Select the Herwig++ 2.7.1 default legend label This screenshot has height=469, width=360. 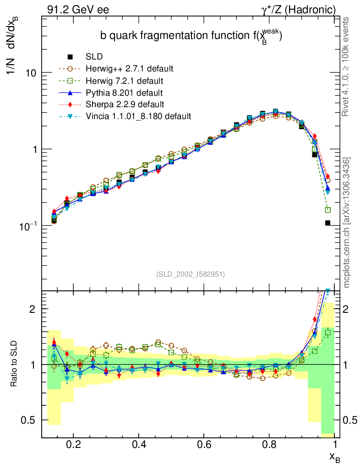coord(129,69)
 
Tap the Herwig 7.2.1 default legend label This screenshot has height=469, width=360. coord(124,81)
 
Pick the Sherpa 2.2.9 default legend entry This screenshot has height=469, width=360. coord(125,104)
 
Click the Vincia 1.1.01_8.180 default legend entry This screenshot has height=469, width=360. coord(138,116)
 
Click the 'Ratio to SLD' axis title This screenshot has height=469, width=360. coord(15,365)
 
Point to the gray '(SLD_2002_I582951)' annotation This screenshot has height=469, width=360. coord(191,274)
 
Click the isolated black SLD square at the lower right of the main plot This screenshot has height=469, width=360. coord(328,223)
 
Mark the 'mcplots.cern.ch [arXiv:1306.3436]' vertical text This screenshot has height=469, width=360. coord(347,223)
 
